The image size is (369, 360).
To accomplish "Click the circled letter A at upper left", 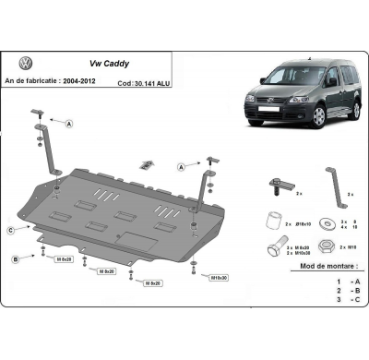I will coord(70,122).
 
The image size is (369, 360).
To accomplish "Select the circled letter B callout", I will coord(16,259).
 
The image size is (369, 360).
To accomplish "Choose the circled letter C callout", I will coord(10,229).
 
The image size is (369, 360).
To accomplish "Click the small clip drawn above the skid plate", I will coord(145,165).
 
